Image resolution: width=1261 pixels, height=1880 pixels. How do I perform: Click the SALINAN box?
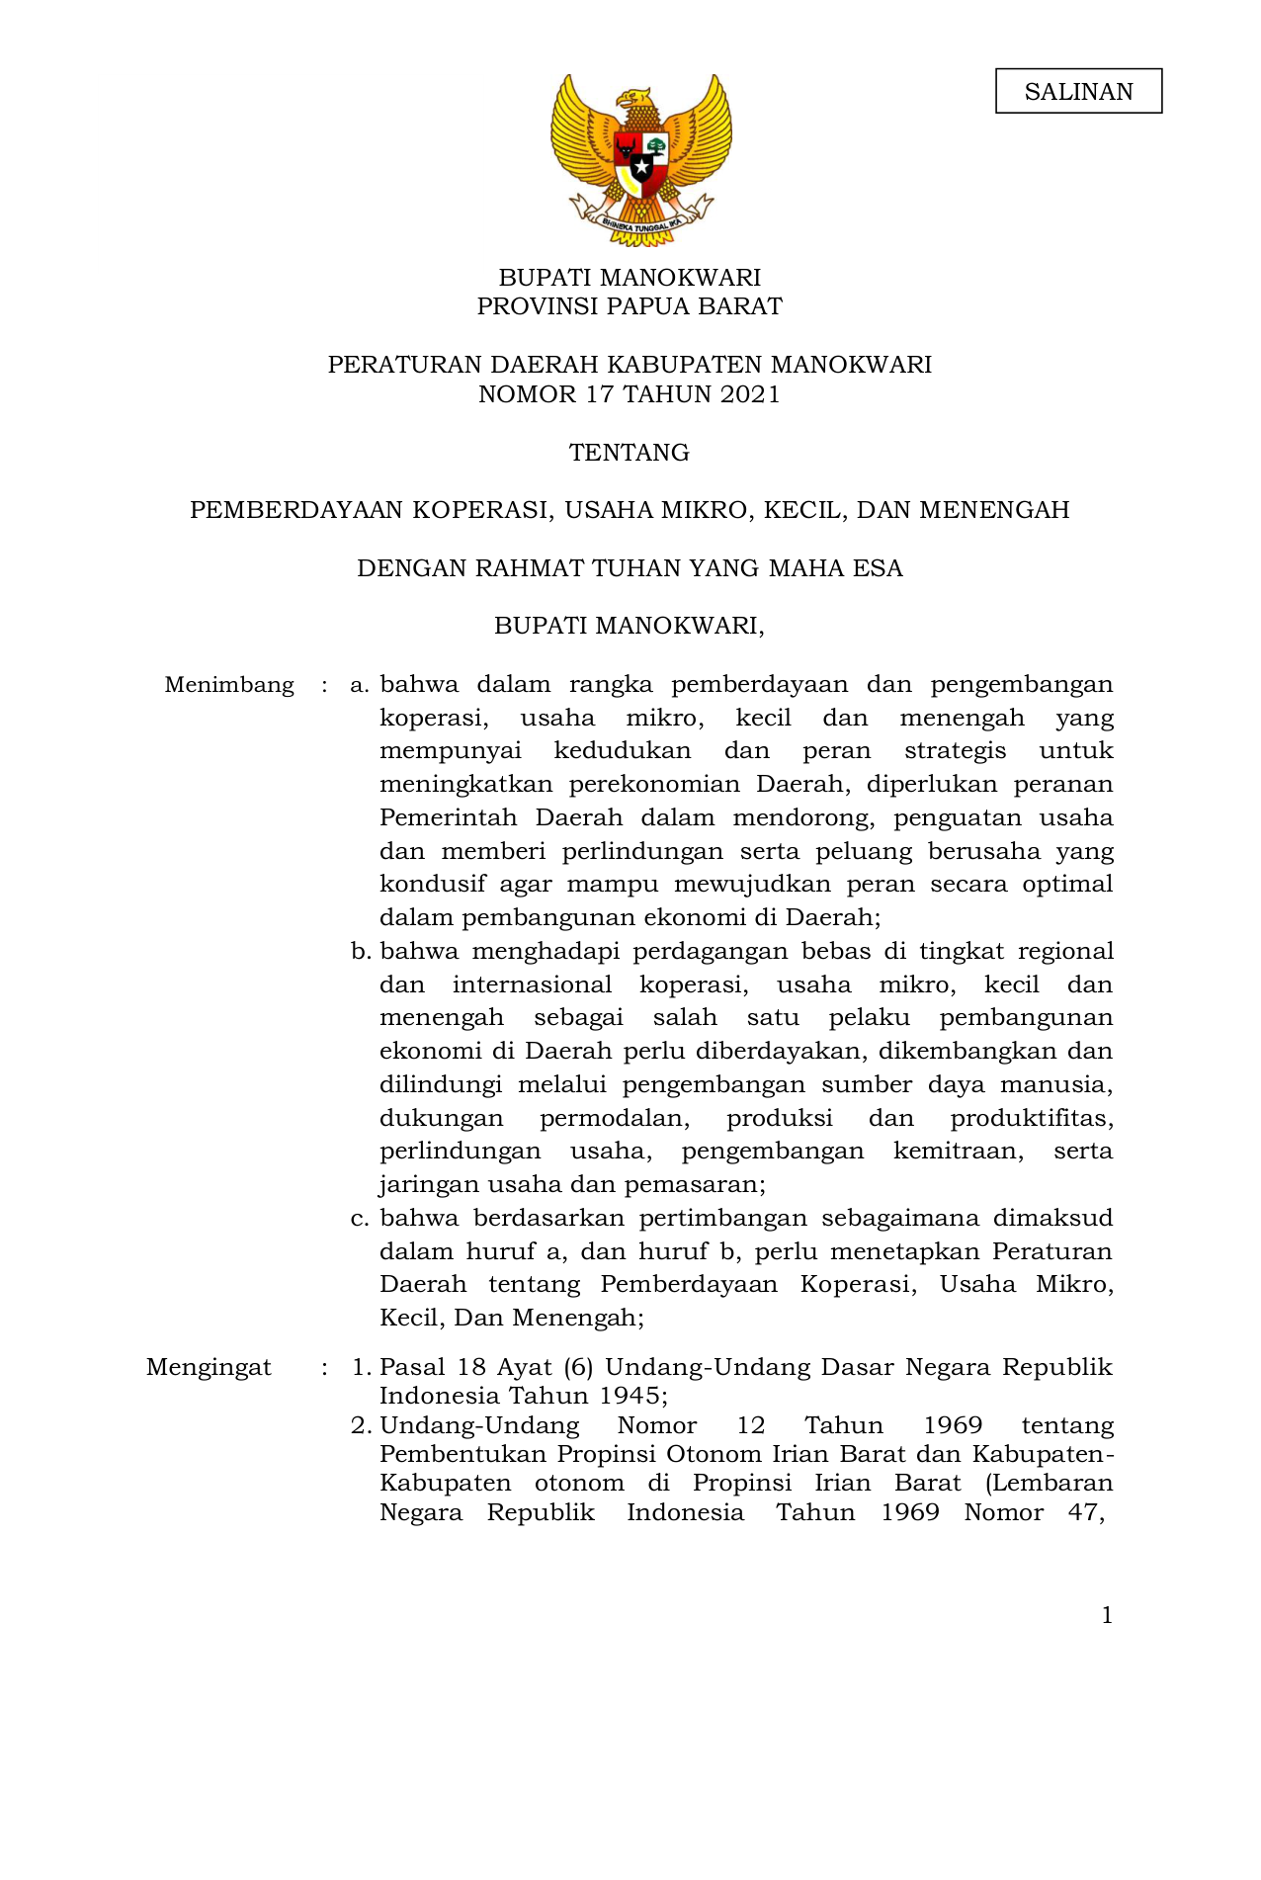pyautogui.click(x=1078, y=92)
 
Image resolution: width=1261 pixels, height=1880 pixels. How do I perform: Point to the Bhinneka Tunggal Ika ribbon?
pyautogui.click(x=640, y=224)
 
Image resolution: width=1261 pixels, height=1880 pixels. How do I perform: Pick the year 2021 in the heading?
pyautogui.click(x=750, y=394)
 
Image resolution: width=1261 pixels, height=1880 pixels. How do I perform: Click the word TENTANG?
pyautogui.click(x=630, y=453)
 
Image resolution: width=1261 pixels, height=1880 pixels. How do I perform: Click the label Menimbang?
pyautogui.click(x=229, y=685)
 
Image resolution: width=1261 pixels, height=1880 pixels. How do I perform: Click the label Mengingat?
pyautogui.click(x=209, y=1367)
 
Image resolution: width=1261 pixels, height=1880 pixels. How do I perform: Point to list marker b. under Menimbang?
pyautogui.click(x=360, y=952)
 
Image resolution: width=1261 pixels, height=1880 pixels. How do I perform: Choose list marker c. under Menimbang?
pyautogui.click(x=360, y=1219)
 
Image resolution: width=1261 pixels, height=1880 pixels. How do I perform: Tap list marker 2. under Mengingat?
pyautogui.click(x=360, y=1425)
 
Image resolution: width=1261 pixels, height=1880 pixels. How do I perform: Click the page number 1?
pyautogui.click(x=1107, y=1615)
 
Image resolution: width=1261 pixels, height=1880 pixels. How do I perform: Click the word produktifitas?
pyautogui.click(x=1031, y=1118)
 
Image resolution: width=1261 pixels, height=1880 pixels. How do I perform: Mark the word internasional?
pyautogui.click(x=532, y=984)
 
